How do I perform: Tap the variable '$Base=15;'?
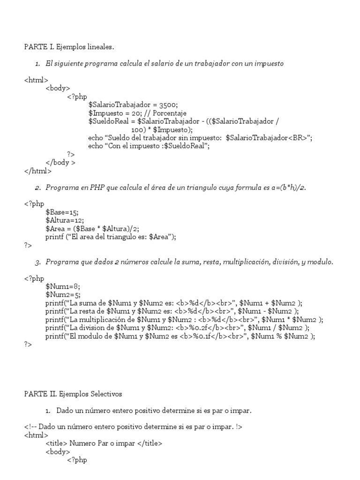[62, 212]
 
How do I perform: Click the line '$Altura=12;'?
[64, 220]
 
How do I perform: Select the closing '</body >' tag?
[60, 163]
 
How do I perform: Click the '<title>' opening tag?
[57, 443]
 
